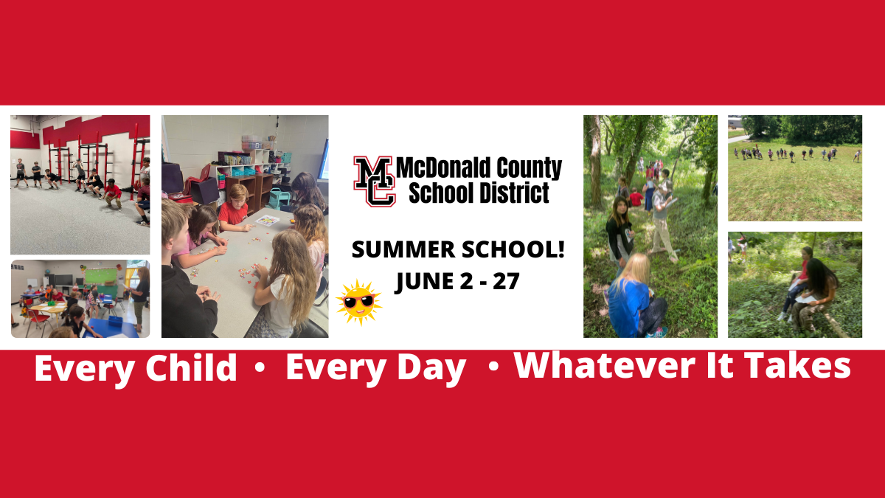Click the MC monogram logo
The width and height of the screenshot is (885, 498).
click(x=375, y=181)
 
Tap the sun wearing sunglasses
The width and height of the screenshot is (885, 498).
click(x=358, y=302)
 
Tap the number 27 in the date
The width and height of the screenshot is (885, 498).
click(x=506, y=281)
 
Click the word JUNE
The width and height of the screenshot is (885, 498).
click(x=425, y=281)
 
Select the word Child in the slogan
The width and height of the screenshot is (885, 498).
click(x=191, y=367)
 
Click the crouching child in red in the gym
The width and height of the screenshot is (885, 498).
click(x=112, y=194)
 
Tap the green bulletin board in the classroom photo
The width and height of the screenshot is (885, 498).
click(x=102, y=276)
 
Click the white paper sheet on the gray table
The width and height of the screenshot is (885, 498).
click(x=268, y=221)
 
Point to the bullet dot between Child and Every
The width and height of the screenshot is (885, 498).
click(x=260, y=367)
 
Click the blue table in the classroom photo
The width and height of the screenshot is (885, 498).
click(x=113, y=328)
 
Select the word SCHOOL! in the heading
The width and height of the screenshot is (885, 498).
click(x=513, y=250)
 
